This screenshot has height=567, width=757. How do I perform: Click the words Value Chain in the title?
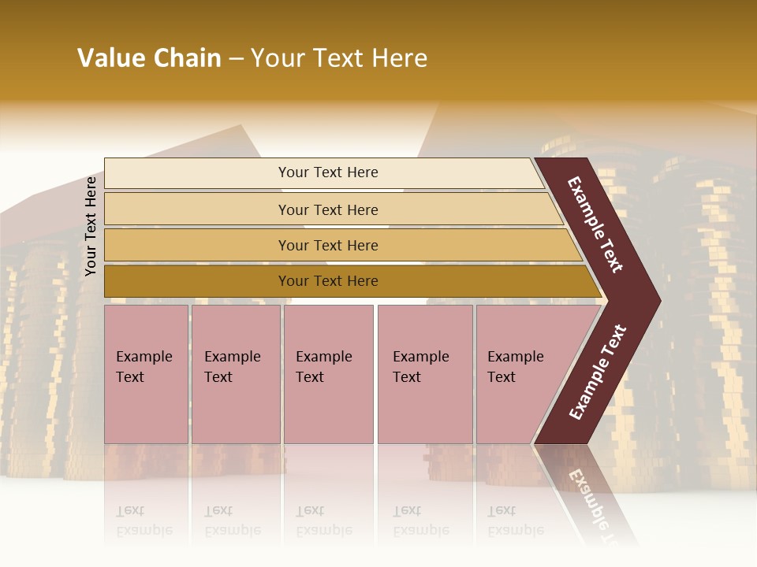[x=149, y=58]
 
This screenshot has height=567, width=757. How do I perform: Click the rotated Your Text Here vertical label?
[x=91, y=226]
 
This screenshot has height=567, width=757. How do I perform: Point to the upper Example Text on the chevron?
[x=596, y=225]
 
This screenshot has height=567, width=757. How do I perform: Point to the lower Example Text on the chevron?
[x=598, y=372]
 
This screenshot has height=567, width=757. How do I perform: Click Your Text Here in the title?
[x=339, y=58]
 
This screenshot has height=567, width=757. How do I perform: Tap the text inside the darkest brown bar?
[x=328, y=281]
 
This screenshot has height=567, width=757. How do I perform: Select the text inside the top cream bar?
[x=328, y=172]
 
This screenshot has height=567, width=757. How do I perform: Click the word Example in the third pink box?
[x=323, y=357]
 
